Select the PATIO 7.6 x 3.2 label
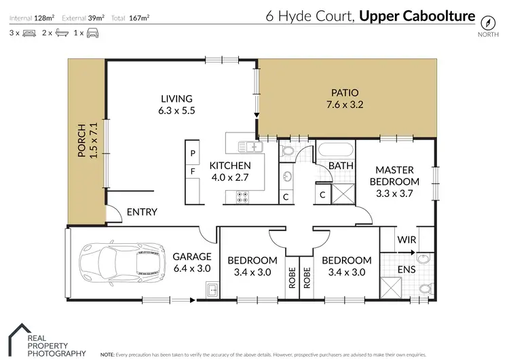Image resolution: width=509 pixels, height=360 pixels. coord(344,98)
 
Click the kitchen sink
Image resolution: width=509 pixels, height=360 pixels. coord(248,145)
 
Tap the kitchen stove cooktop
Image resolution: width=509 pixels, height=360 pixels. coord(242,198)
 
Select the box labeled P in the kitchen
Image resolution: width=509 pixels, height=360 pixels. coord(193,153)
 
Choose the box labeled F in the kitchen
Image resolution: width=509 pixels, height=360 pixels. coord(193,171)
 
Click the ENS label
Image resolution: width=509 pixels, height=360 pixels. coord(404,270)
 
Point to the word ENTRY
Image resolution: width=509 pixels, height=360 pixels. coord(142,212)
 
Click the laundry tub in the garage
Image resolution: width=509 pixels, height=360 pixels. coord(211,291)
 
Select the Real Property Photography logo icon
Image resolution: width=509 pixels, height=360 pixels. coord(16,336)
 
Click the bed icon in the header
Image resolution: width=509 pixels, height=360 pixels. coord(29,32)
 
